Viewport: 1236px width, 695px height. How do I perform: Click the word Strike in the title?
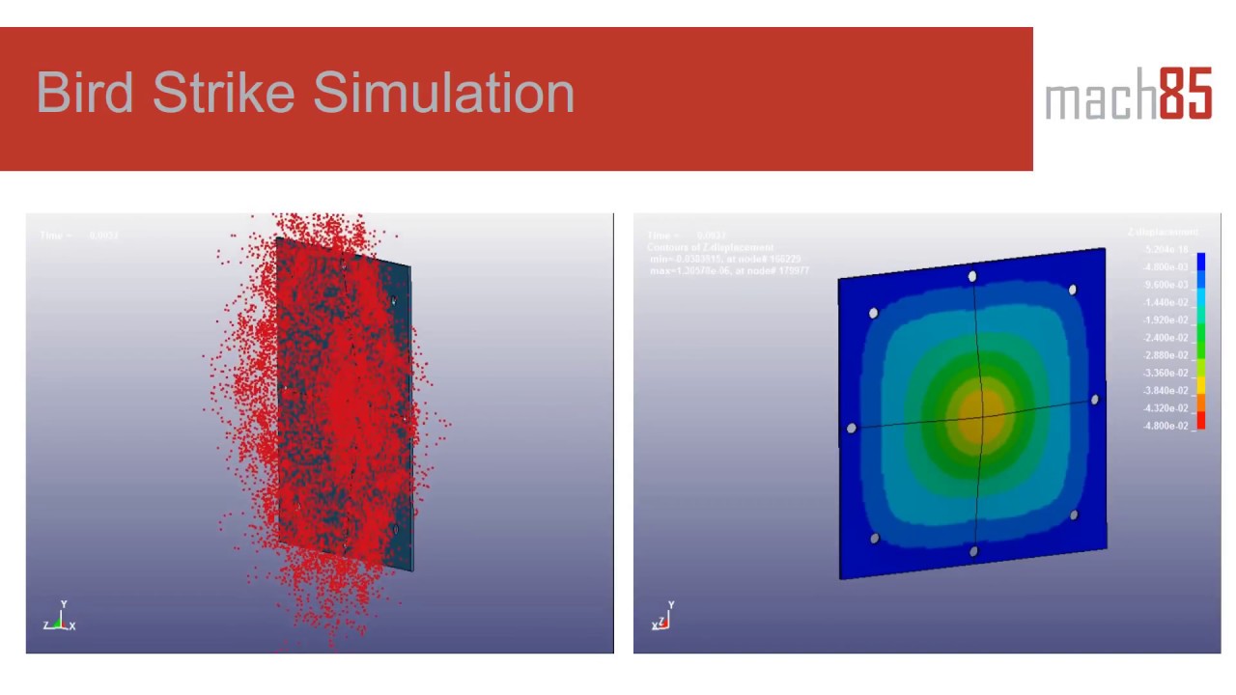pyautogui.click(x=223, y=93)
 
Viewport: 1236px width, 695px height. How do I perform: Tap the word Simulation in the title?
pyautogui.click(x=443, y=93)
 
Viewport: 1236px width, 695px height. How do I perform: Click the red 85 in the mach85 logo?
pyautogui.click(x=1185, y=94)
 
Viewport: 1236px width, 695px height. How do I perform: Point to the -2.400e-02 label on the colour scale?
pyautogui.click(x=1166, y=338)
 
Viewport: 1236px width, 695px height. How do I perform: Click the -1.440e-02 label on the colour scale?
pyautogui.click(x=1166, y=303)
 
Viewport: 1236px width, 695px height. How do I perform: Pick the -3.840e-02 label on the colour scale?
pyautogui.click(x=1166, y=391)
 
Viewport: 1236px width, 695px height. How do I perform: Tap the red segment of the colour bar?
pyautogui.click(x=1201, y=420)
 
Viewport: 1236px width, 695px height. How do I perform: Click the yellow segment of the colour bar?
pyautogui.click(x=1201, y=385)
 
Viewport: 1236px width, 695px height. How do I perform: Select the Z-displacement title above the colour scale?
pyautogui.click(x=1162, y=233)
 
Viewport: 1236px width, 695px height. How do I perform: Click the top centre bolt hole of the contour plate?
pyautogui.click(x=972, y=277)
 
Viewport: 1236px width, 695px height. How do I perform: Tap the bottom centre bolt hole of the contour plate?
pyautogui.click(x=973, y=552)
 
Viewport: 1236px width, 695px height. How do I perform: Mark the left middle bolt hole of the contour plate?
pyautogui.click(x=851, y=429)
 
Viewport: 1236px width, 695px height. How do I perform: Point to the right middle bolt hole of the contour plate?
pyautogui.click(x=1095, y=400)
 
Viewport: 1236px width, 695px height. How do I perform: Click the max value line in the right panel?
pyautogui.click(x=729, y=270)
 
